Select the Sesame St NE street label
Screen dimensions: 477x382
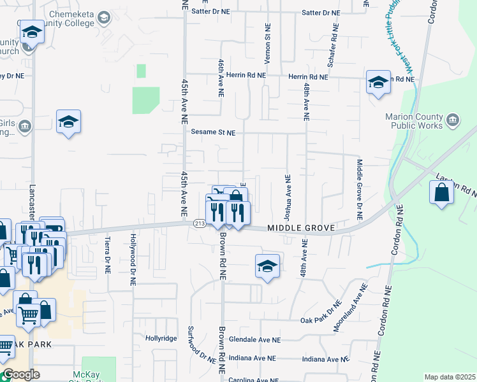[x=213, y=133]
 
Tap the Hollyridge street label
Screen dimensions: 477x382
[x=161, y=338]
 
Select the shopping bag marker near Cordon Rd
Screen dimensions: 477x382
[x=441, y=194]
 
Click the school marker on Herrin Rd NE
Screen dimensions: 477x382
[x=378, y=83]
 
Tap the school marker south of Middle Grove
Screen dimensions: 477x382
[x=268, y=266]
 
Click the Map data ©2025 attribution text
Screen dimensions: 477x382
[x=450, y=377]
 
